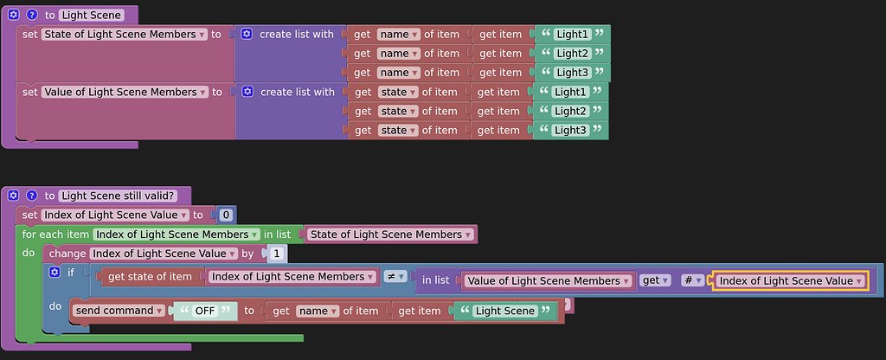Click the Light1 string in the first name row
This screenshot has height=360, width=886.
tap(572, 35)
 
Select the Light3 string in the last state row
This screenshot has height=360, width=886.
tap(570, 131)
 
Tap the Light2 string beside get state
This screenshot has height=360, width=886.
tap(570, 111)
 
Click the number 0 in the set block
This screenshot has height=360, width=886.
tap(226, 215)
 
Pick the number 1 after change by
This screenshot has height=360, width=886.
tap(276, 254)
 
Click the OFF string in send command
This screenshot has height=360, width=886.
tap(205, 311)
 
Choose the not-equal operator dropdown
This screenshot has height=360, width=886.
tap(395, 277)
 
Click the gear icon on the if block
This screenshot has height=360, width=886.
tap(55, 273)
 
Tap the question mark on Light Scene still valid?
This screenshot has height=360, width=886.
tap(31, 196)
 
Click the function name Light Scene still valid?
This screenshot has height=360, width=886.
tap(119, 196)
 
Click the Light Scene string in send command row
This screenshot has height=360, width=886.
tap(504, 311)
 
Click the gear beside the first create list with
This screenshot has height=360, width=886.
tap(247, 35)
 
